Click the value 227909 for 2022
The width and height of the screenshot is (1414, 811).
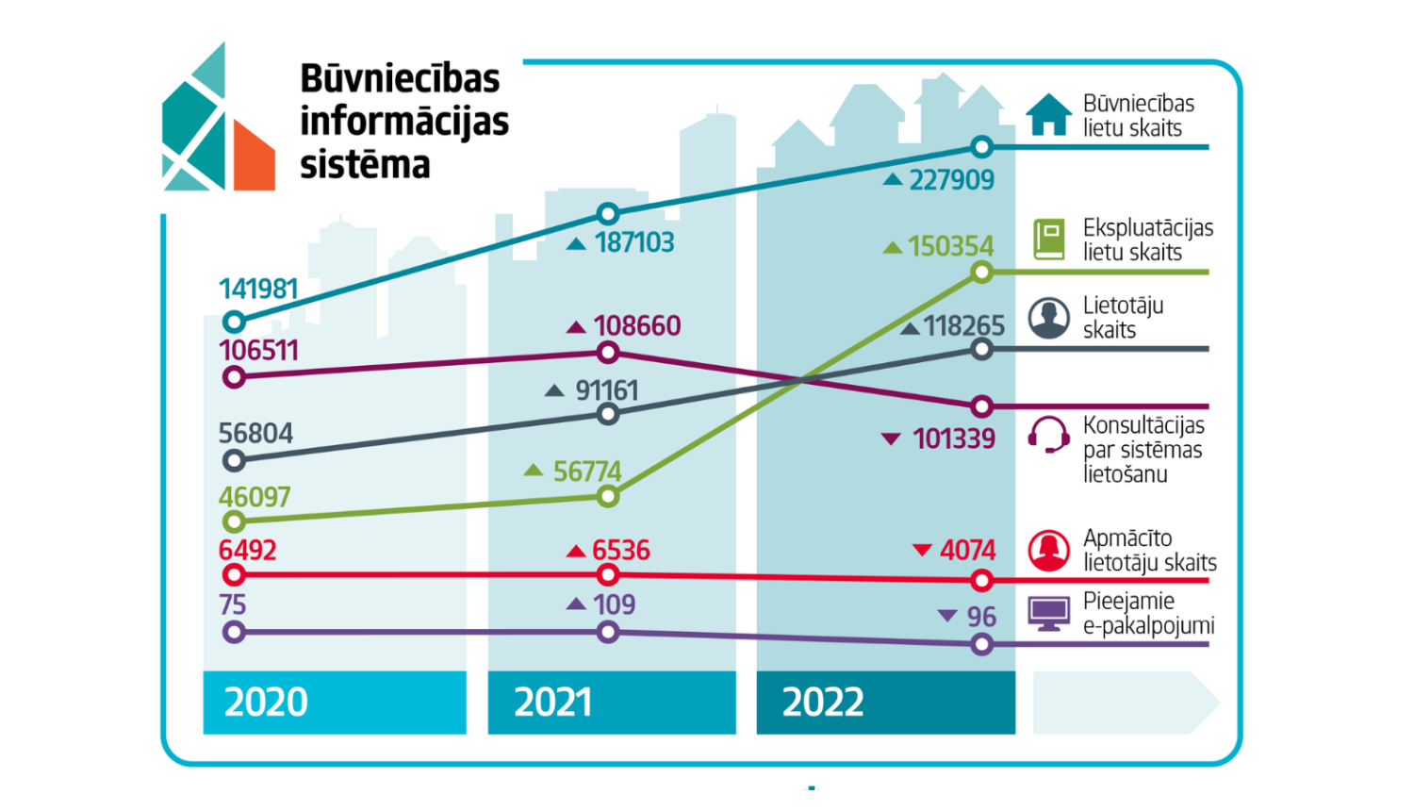(951, 180)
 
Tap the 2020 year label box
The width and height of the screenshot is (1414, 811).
(335, 703)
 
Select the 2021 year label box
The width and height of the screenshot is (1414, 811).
(611, 703)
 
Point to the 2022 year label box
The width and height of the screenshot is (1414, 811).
(885, 703)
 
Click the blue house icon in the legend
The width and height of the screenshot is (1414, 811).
(1048, 115)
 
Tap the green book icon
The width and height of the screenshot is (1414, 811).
(1048, 240)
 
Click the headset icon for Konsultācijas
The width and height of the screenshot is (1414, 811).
(1048, 435)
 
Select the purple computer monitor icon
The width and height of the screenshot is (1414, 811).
(1048, 614)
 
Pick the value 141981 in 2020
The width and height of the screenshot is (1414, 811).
(258, 290)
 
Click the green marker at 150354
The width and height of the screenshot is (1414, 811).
(981, 273)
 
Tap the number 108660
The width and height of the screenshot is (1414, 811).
(636, 326)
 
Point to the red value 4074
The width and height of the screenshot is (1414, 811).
(967, 551)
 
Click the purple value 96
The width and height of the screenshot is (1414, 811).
(980, 617)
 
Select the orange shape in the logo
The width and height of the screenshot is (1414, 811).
(254, 158)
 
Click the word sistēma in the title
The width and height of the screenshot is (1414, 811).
(365, 165)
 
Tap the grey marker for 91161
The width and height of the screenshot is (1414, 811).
(608, 414)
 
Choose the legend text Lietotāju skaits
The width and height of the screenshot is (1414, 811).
(1122, 318)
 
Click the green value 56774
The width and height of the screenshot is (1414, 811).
(586, 472)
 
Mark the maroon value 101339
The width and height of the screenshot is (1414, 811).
(953, 439)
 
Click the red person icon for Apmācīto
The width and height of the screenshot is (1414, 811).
(1048, 551)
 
